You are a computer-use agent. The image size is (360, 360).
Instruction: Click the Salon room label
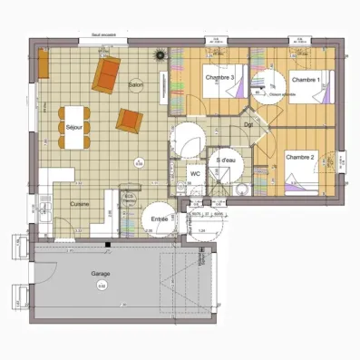(x=137, y=84)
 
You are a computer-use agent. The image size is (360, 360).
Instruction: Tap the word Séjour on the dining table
(x=74, y=128)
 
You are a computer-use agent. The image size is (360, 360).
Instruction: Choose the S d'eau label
(x=226, y=161)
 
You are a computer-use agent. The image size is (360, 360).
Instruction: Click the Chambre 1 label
(x=306, y=80)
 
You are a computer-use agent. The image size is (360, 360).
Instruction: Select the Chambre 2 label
(x=299, y=158)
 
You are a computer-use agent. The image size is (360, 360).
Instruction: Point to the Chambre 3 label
(x=220, y=78)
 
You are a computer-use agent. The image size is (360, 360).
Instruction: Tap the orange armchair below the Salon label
(x=131, y=119)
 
